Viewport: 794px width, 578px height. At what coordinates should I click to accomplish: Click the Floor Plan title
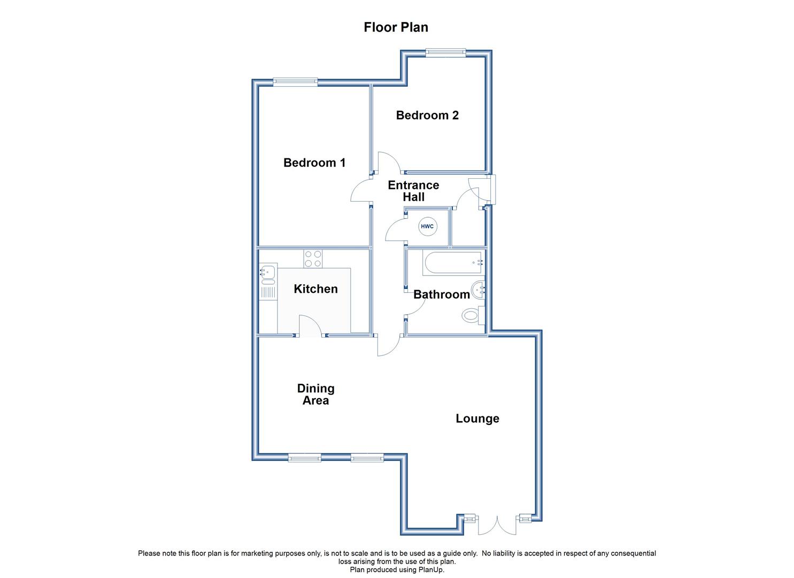[396, 27]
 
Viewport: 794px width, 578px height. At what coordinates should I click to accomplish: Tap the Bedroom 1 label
[314, 163]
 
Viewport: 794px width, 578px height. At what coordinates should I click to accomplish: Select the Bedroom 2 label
[427, 115]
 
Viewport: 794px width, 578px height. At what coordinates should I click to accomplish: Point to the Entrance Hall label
[414, 191]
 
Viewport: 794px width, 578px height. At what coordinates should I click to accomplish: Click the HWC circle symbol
[428, 226]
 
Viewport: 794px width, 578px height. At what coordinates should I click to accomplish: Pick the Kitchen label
[316, 289]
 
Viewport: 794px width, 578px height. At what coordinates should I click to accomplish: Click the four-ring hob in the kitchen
[313, 259]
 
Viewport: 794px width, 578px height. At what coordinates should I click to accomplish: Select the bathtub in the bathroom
[453, 263]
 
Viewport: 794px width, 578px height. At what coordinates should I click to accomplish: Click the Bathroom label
[442, 294]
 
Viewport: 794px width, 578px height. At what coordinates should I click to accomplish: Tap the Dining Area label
[316, 394]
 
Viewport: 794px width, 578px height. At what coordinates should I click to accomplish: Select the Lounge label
[477, 419]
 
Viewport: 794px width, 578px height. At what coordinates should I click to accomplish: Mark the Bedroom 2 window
[446, 52]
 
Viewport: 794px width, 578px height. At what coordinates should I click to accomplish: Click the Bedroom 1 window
[295, 81]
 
